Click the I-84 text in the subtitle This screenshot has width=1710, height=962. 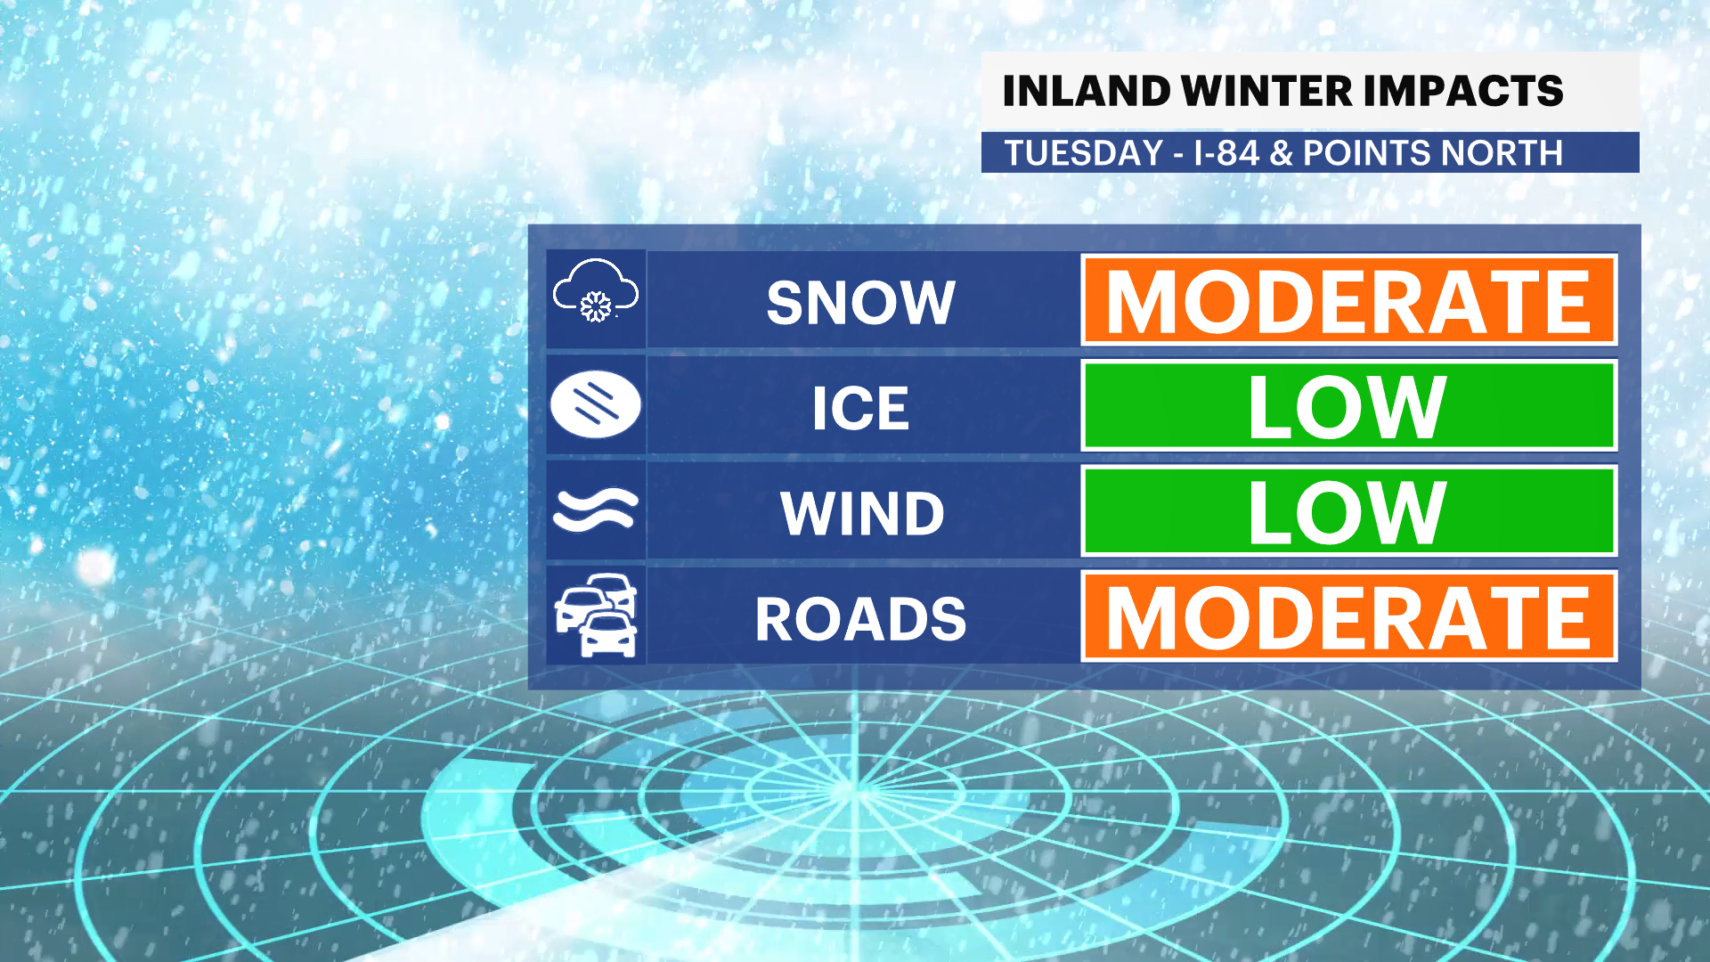click(1226, 153)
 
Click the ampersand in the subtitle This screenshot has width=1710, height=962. click(1281, 153)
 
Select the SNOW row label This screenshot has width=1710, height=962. click(860, 303)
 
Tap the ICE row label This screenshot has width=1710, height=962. click(860, 409)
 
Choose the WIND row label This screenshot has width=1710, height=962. click(862, 514)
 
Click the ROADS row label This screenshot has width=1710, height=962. click(860, 619)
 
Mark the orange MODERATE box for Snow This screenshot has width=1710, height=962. click(1348, 300)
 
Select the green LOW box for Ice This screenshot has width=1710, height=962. click(1348, 405)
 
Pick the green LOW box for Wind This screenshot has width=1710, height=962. click(1348, 510)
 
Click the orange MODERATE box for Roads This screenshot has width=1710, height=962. click(1348, 616)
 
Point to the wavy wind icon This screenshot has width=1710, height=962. click(596, 510)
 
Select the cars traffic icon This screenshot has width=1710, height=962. click(596, 616)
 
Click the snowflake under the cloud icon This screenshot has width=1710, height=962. click(595, 306)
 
